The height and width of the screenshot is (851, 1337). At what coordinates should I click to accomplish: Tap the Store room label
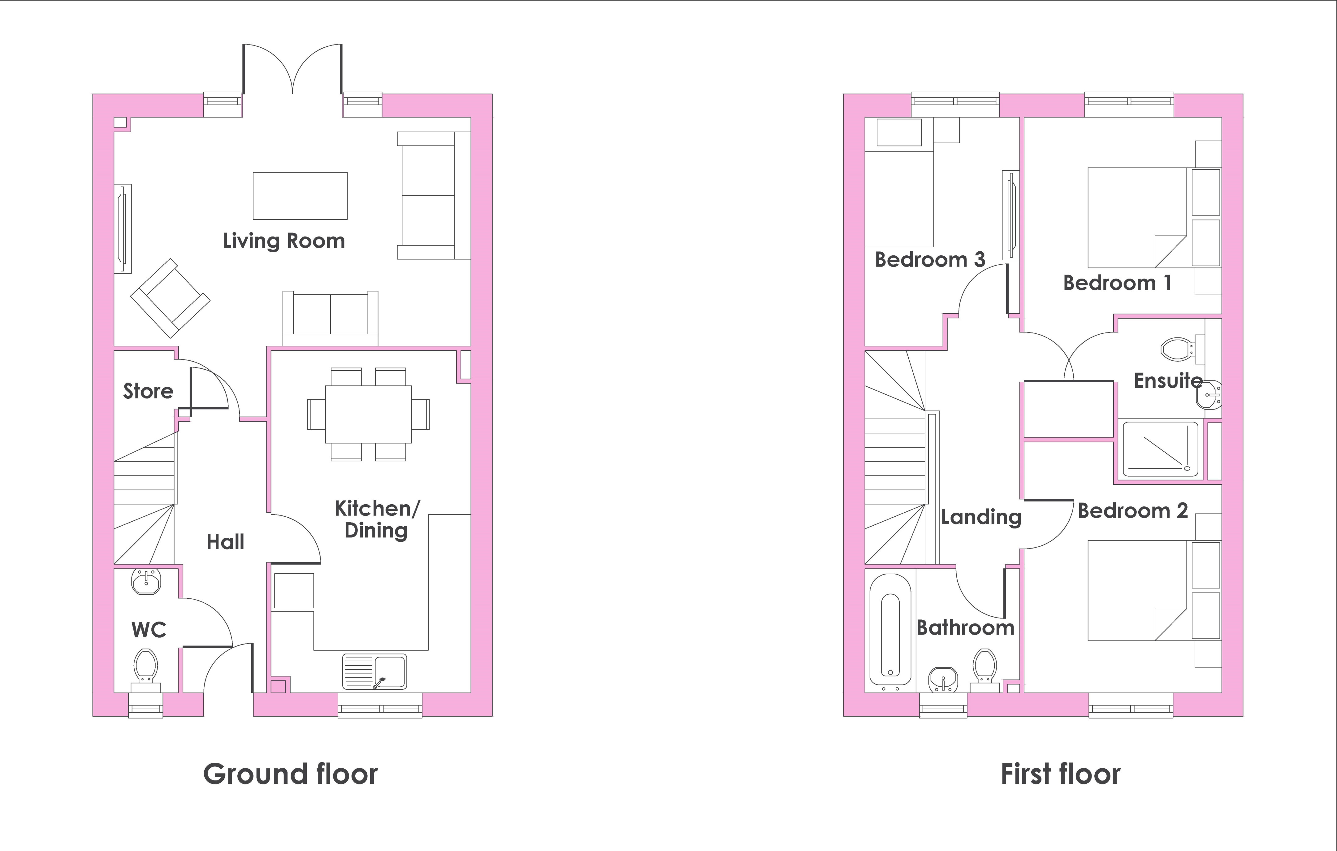(148, 391)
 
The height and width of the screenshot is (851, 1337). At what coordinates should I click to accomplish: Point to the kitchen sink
(374, 671)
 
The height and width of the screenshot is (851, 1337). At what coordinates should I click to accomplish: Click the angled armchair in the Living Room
(170, 298)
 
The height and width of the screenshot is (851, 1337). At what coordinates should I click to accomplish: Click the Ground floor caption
(290, 774)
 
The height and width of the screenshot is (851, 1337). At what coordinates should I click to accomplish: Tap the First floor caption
(1061, 774)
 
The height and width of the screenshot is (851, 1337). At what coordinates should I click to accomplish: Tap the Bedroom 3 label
(930, 259)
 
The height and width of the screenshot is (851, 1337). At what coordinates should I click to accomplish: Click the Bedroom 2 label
(1133, 510)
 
